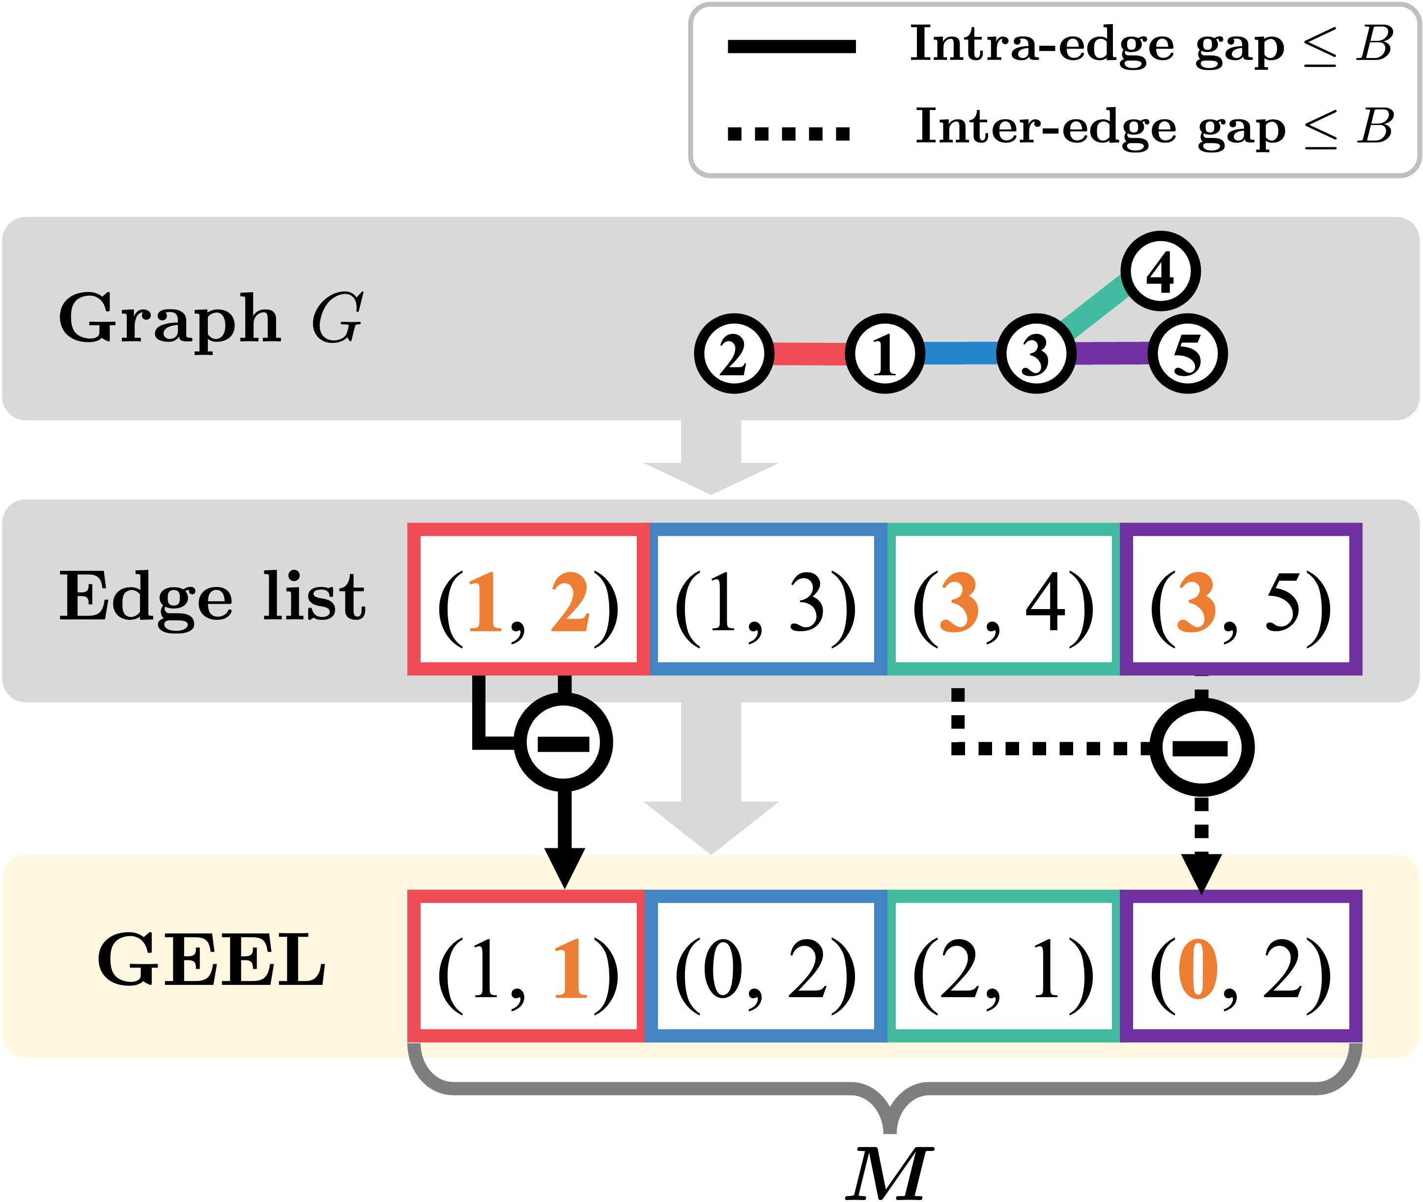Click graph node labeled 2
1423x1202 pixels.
734,354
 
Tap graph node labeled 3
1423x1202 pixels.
1036,354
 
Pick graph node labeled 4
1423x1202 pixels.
1161,271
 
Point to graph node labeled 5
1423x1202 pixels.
1188,354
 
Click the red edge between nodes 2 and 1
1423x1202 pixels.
810,354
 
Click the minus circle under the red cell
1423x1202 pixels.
564,743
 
